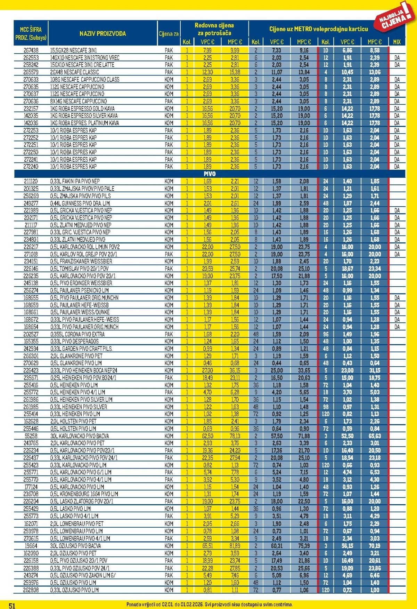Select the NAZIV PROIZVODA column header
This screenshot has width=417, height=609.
103,34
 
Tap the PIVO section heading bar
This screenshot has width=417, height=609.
209,174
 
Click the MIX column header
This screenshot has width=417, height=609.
397,42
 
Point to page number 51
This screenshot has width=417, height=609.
12,606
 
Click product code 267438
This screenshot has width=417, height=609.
31,50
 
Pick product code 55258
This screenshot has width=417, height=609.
31,436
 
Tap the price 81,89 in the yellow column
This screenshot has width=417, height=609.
235,546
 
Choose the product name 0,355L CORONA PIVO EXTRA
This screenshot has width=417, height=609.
77,334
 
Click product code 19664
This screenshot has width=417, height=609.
31,546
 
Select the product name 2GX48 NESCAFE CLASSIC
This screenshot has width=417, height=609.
75,72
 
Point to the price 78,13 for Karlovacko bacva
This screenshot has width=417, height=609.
235,436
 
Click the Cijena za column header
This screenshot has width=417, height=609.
169,34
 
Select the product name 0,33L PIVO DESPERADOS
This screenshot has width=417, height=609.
74,342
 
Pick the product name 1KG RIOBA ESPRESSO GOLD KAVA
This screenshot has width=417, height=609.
82,109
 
